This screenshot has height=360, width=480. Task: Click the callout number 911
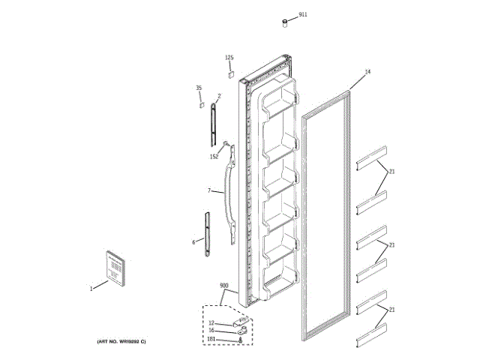coord(302,14)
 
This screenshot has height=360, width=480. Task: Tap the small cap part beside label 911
coord(286,23)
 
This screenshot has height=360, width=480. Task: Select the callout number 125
coord(229,58)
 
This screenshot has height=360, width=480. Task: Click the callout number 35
coord(199,88)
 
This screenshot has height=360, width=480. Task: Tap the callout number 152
coord(214,157)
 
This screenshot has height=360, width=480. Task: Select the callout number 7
coord(209,190)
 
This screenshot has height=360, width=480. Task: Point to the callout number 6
coord(193,241)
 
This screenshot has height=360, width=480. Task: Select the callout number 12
coord(211,322)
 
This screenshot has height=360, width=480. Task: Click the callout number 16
coord(211,330)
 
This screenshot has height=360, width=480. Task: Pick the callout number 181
coord(211,339)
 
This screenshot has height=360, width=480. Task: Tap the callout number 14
coord(367,72)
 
